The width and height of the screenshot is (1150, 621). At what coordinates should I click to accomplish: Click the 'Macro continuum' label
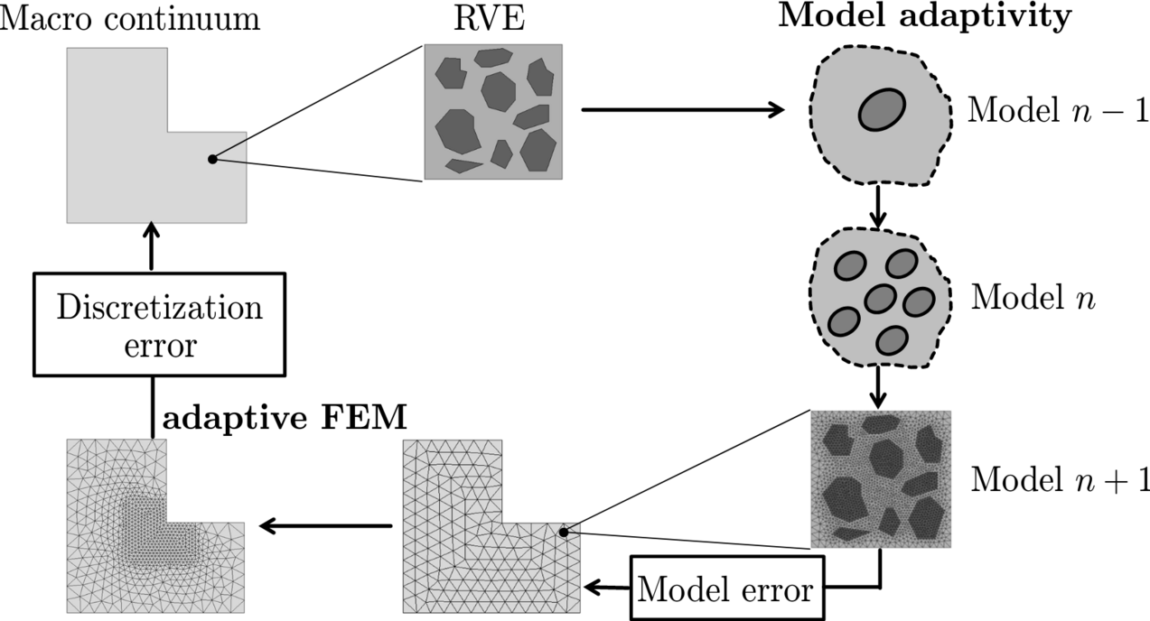coord(130,17)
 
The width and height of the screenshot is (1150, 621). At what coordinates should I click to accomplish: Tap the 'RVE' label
coord(494,17)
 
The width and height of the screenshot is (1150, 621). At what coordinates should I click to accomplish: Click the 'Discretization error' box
coord(160,323)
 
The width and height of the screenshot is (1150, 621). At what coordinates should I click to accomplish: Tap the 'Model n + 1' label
coord(1060,479)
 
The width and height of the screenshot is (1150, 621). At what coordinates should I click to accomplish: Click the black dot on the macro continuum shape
coord(212,159)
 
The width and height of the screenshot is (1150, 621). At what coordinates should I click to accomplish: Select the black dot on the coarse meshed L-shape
coord(563,533)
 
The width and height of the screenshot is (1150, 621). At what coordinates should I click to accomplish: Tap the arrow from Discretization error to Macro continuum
coord(150,248)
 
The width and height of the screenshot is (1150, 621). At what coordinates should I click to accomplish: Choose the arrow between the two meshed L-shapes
coord(325,526)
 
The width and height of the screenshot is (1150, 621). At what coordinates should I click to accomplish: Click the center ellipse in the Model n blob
coord(879,300)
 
